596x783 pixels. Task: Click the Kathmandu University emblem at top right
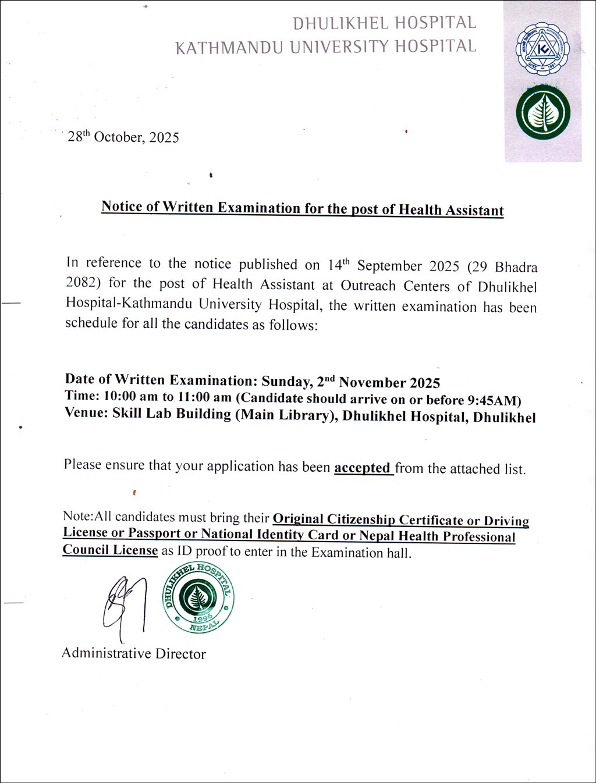[542, 49]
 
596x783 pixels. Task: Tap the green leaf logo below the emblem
[542, 113]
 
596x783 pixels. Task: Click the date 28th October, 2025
[123, 137]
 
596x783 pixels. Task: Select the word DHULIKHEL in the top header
[340, 23]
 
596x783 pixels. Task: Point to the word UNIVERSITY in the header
[340, 47]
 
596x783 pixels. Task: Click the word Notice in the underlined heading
[122, 207]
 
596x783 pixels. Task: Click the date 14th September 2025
[393, 266]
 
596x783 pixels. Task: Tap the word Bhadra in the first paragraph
[516, 268]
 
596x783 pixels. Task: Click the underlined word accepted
[362, 468]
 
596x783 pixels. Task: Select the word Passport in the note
[154, 533]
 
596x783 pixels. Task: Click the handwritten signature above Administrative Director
[123, 602]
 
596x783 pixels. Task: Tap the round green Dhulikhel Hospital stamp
[198, 597]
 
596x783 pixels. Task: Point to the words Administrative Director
[134, 653]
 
